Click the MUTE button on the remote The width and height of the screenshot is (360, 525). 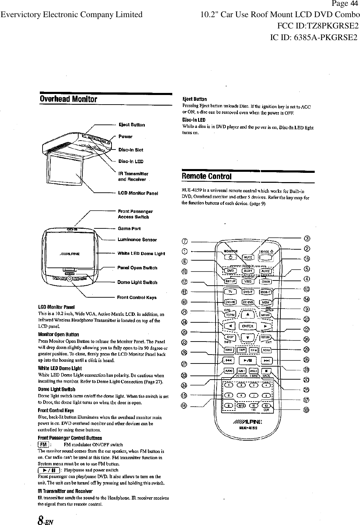(x=248, y=257)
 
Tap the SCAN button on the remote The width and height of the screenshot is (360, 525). (x=266, y=350)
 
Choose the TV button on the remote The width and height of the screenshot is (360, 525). (x=230, y=291)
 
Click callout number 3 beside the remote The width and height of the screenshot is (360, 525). (x=307, y=239)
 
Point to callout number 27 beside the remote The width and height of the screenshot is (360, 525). (x=184, y=364)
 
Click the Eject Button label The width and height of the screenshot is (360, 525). (x=131, y=125)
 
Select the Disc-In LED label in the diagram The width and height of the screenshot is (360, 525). (x=130, y=161)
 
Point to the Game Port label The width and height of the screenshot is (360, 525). (x=129, y=228)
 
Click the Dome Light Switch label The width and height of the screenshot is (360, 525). (x=137, y=282)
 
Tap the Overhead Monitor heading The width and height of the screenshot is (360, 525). (x=69, y=99)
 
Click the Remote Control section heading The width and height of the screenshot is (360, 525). (x=206, y=177)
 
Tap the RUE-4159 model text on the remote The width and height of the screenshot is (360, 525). (x=248, y=428)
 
